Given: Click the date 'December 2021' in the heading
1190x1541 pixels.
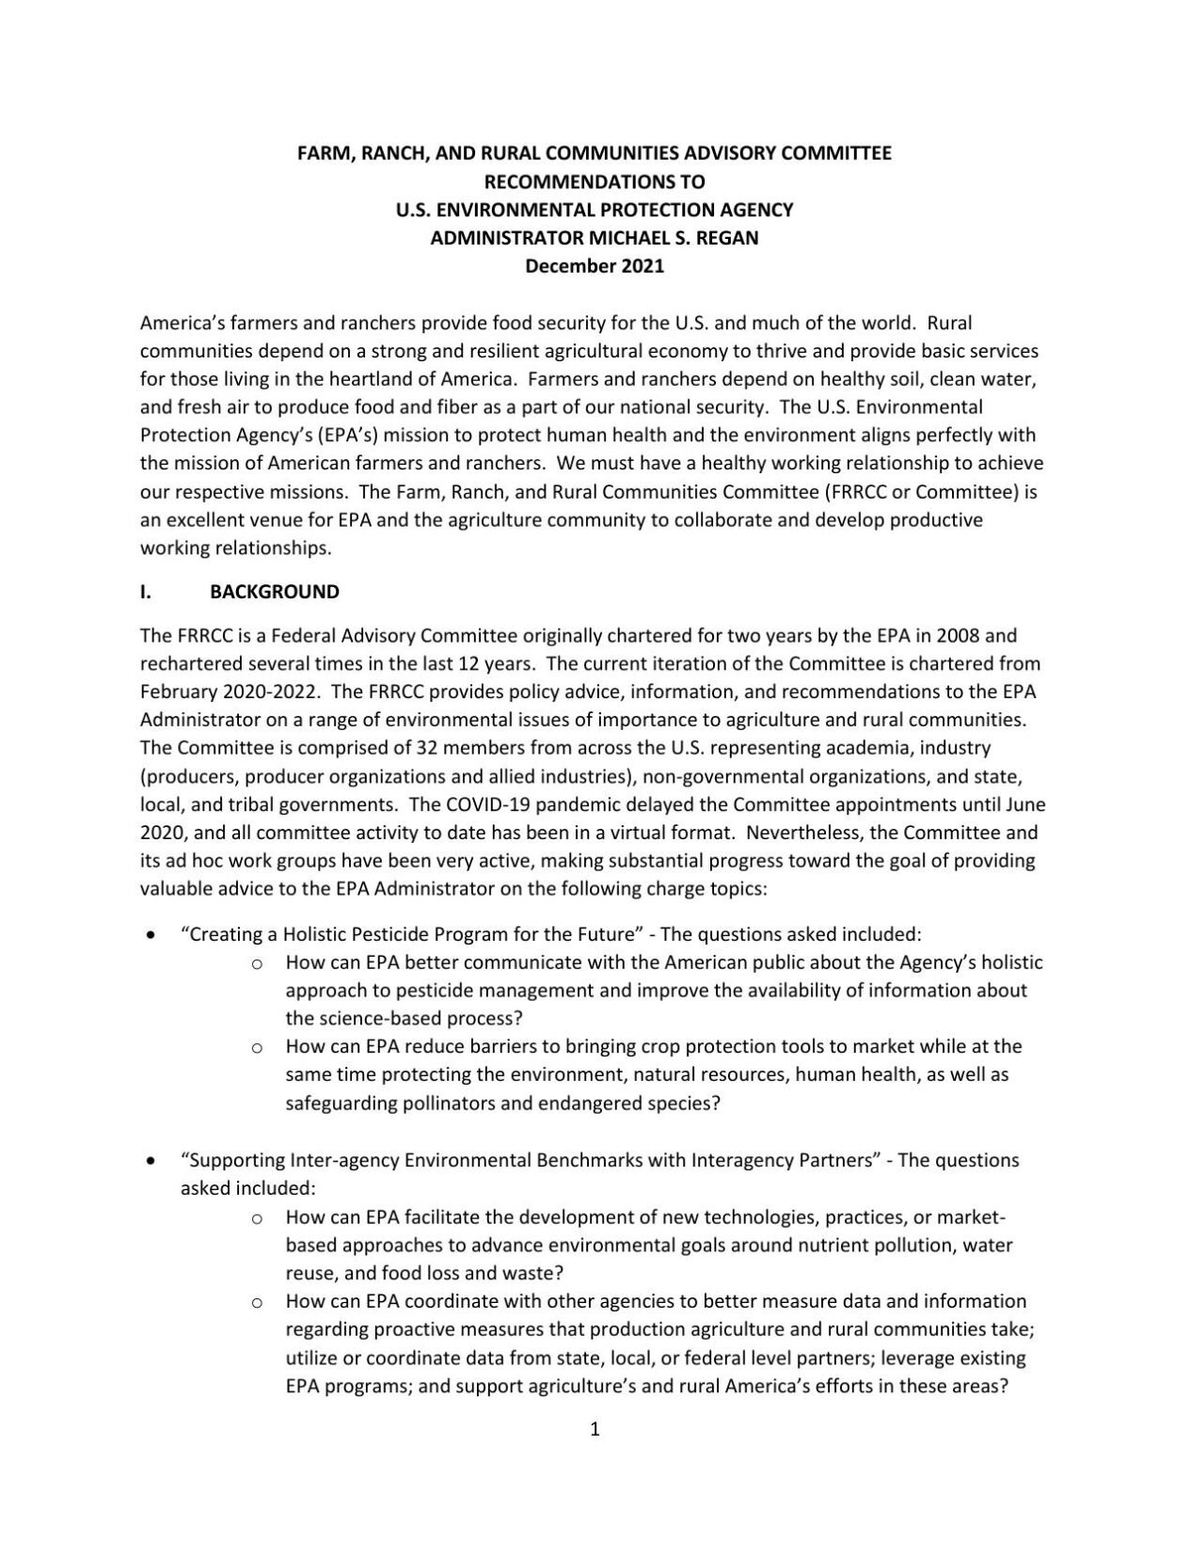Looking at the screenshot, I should [x=594, y=266].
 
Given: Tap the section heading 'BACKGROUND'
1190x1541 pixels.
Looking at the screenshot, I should [x=274, y=592].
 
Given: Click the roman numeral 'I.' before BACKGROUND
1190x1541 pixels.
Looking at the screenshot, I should [x=146, y=592].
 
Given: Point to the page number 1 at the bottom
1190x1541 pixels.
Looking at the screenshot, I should [x=595, y=1431].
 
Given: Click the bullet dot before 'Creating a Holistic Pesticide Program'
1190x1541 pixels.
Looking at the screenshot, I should [x=152, y=935].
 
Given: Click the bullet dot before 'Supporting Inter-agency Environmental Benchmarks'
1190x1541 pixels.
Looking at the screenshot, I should [x=152, y=1161].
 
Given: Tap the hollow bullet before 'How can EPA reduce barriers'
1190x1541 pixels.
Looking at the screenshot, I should [x=256, y=1047].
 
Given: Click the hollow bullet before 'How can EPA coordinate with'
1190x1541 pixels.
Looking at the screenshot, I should [x=256, y=1303].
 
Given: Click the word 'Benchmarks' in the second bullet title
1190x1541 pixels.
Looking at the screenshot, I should [x=611, y=1160].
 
